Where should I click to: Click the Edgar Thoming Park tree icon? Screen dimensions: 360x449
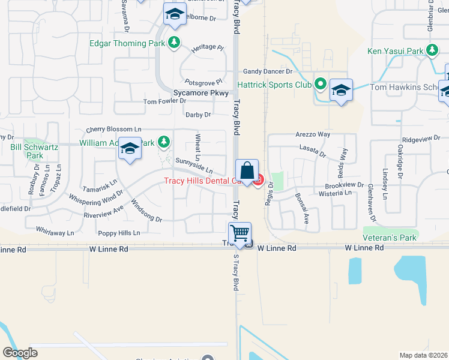click(174, 42)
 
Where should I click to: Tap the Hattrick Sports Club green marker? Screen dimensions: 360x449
click(320, 85)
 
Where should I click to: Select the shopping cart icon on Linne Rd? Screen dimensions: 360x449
click(240, 233)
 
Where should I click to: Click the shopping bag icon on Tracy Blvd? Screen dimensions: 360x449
click(247, 170)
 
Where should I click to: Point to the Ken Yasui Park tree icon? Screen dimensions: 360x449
click(432, 51)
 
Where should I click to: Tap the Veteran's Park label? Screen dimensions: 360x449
click(390, 238)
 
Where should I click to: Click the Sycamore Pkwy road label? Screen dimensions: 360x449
click(201, 94)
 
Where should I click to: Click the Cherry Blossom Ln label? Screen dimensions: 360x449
click(113, 129)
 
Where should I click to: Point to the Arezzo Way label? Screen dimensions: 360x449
click(313, 134)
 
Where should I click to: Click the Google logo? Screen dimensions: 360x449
click(20, 353)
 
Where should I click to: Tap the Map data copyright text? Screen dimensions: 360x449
click(424, 355)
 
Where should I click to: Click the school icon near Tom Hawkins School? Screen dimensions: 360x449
click(341, 90)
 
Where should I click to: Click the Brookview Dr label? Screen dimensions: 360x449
click(345, 186)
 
